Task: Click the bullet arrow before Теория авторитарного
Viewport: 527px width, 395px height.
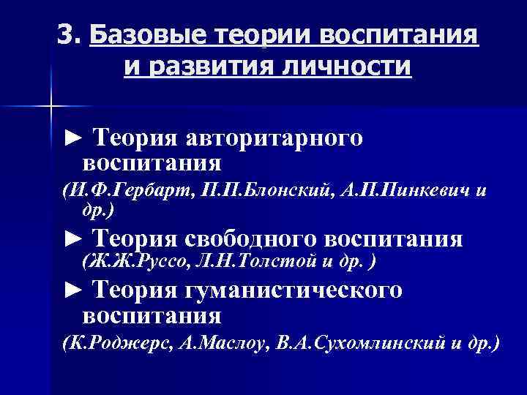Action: (71, 138)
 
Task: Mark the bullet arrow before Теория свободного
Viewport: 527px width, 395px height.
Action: (71, 239)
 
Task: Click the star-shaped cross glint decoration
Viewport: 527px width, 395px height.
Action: (50, 107)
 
